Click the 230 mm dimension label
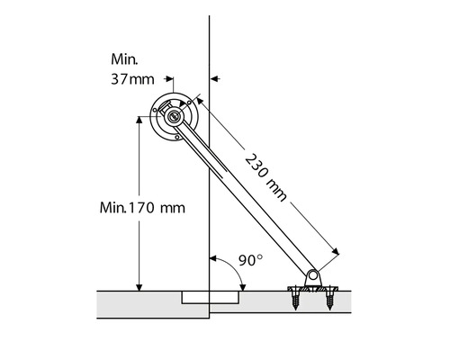265,177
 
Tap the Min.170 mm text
142,208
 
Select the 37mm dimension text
132,79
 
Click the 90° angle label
250,260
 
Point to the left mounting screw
295,299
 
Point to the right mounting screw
329,299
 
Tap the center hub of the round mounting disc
174,117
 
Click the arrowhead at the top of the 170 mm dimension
139,120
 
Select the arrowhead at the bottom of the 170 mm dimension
139,288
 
